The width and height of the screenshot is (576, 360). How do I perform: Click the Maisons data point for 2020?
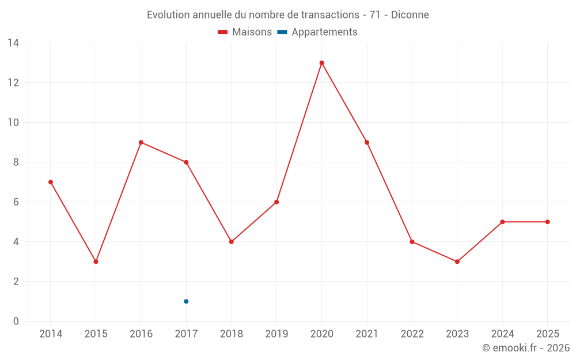point(321,63)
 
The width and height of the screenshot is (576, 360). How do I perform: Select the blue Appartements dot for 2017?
point(186,301)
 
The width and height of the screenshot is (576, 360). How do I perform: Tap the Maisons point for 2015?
point(96,262)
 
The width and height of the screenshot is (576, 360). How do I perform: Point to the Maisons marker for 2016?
point(141,142)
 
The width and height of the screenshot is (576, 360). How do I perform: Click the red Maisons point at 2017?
point(186,162)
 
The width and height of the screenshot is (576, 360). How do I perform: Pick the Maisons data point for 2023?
point(457,262)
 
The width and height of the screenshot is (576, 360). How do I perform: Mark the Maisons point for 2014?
point(51,182)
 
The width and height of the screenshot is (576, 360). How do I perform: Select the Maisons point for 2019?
point(276,202)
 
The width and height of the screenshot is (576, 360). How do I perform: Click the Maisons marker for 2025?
point(548,222)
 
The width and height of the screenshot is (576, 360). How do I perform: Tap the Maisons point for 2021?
point(367,142)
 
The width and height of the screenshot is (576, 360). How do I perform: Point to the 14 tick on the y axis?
point(13,43)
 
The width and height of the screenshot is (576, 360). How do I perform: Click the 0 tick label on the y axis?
point(16,321)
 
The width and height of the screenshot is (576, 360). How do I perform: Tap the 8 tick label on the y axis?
point(16,162)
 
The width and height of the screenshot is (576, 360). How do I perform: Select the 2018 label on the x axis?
point(231,334)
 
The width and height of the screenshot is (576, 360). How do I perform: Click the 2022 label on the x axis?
point(412,334)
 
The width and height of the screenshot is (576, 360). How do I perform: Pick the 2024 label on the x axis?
point(502,334)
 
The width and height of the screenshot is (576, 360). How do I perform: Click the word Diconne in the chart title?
point(410,15)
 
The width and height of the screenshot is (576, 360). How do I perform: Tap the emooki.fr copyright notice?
point(526,348)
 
